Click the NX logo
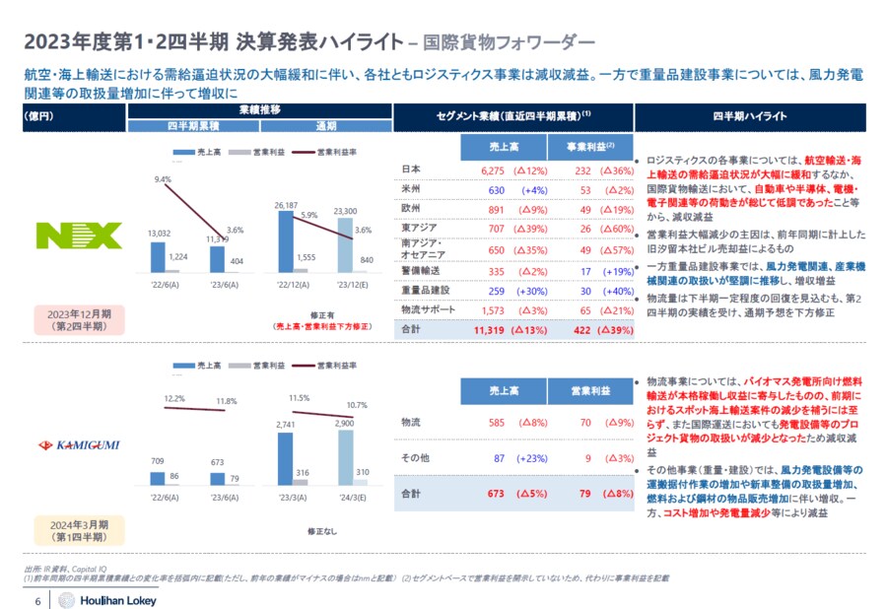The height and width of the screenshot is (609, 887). point(79,235)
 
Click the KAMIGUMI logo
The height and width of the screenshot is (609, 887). point(78,445)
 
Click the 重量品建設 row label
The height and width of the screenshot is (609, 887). point(424,291)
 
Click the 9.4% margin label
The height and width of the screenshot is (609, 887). point(164,179)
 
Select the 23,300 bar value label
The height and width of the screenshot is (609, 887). point(345,211)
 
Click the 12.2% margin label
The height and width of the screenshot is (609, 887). point(172,398)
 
